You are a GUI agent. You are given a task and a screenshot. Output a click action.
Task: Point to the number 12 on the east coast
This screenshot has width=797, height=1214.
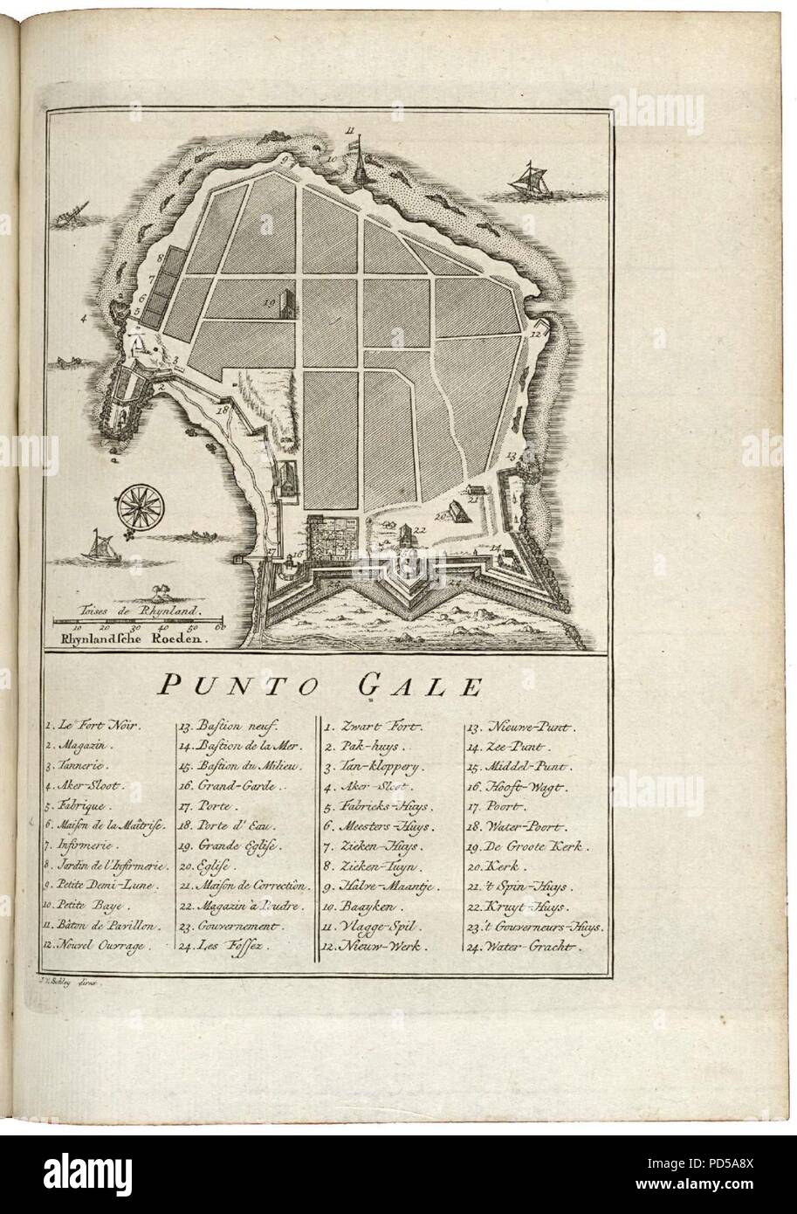[538, 332]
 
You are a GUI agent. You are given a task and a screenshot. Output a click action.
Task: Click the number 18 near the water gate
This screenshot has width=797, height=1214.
[223, 409]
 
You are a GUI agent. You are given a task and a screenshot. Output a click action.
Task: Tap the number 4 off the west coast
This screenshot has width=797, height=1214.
[84, 319]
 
